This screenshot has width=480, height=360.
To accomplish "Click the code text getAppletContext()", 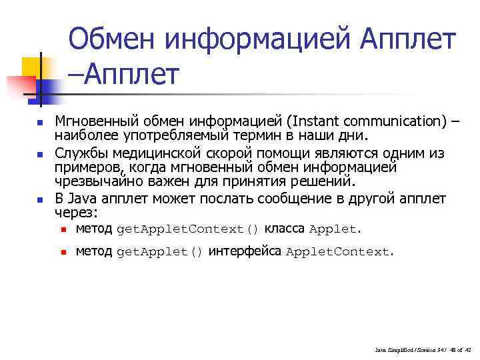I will click(187, 230).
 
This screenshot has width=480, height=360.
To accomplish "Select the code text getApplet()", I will click(159, 252).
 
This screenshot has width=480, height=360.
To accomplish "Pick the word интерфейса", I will click(245, 251).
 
